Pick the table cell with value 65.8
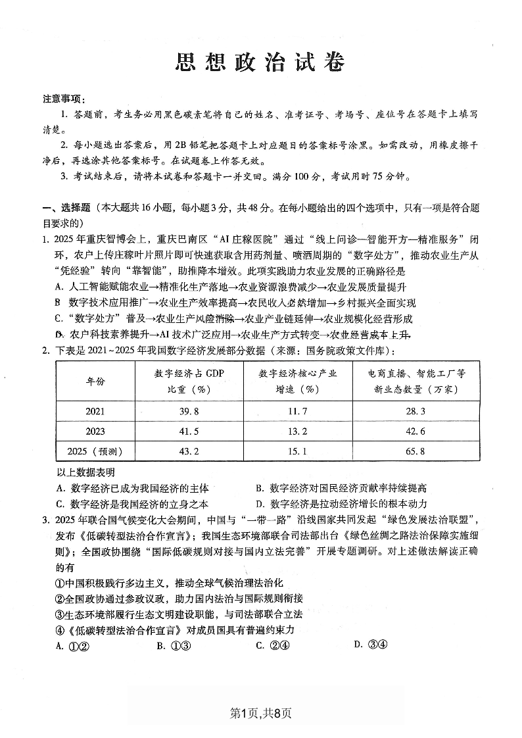[417, 451]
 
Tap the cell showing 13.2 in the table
[297, 431]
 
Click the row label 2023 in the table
[95, 431]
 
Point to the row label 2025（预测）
[95, 451]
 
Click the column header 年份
[95, 381]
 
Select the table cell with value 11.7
[297, 411]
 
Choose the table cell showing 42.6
[417, 431]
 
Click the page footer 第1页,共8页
[260, 713]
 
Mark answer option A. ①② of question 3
[72, 645]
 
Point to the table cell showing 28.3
[417, 411]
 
